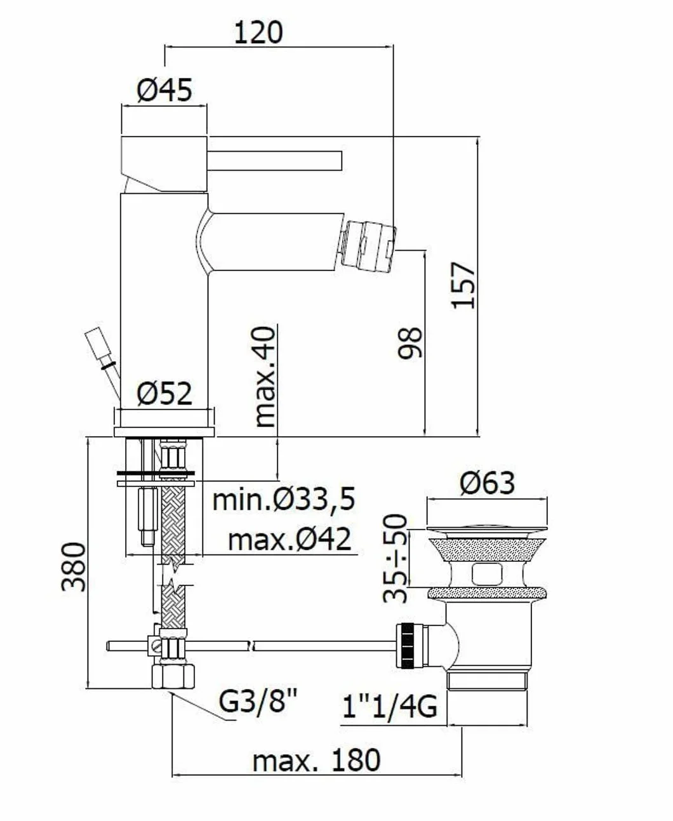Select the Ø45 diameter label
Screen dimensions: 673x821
coord(164,90)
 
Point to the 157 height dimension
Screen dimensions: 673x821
coord(463,285)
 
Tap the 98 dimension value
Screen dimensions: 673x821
coord(410,342)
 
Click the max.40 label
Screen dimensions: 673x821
coord(265,377)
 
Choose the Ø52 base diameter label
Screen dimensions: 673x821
coord(164,393)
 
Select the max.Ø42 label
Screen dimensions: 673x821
coord(290,540)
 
